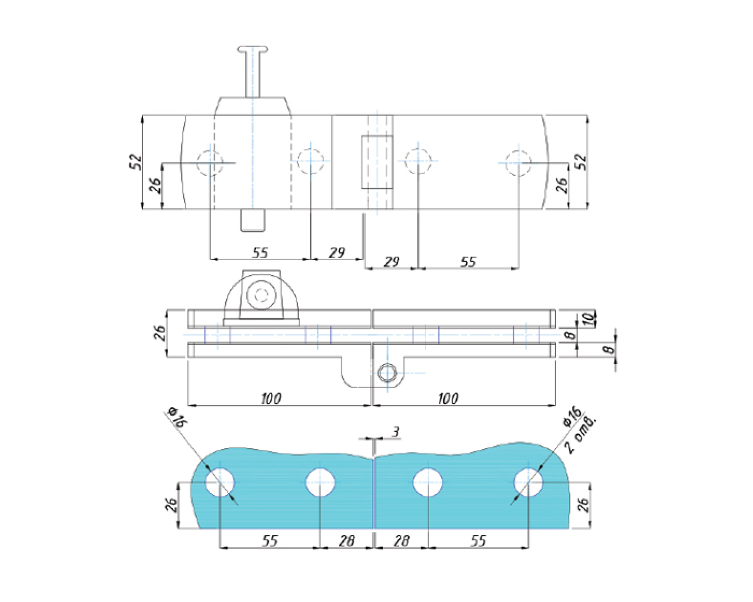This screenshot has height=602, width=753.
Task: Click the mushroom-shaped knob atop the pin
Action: [253, 50]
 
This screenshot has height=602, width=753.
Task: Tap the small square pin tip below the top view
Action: [253, 220]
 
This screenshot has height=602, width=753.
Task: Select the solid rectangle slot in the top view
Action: [377, 162]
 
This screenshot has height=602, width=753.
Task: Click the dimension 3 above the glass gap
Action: [396, 432]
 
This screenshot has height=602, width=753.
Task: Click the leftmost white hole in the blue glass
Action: [220, 482]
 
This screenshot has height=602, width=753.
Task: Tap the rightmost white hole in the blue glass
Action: [529, 482]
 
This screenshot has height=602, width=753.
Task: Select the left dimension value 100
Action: [271, 399]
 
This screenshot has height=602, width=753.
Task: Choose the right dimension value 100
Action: [448, 399]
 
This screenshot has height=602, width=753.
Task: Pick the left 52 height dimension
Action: [136, 162]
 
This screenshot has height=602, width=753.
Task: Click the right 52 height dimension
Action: [581, 162]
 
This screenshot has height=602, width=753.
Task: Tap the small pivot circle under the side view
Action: [387, 373]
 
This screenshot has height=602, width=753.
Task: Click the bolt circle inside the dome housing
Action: [261, 294]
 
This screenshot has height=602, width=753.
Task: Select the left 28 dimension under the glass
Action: [346, 540]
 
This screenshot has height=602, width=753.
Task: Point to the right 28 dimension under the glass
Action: [402, 540]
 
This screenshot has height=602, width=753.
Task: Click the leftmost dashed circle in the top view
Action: [209, 162]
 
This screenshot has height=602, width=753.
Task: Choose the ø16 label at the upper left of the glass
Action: [178, 417]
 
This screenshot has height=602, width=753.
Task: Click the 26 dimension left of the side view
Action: [160, 333]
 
